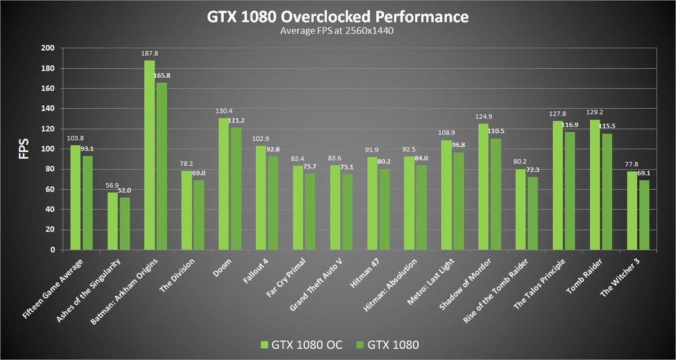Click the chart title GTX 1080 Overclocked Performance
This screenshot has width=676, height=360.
pyautogui.click(x=337, y=17)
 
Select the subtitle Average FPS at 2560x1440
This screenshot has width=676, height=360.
pyautogui.click(x=336, y=31)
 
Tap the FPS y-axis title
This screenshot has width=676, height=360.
pyautogui.click(x=24, y=149)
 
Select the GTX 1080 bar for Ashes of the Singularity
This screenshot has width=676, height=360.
pyautogui.click(x=124, y=224)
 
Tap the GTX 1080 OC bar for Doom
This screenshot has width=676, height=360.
pyautogui.click(x=224, y=184)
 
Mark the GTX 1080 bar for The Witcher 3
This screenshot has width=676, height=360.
pyautogui.click(x=643, y=215)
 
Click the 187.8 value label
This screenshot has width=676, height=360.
pyautogui.click(x=149, y=54)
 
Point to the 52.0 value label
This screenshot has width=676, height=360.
pyautogui.click(x=125, y=191)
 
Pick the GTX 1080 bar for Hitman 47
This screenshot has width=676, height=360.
pyautogui.click(x=384, y=210)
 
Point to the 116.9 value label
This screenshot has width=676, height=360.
pyautogui.click(x=570, y=125)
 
